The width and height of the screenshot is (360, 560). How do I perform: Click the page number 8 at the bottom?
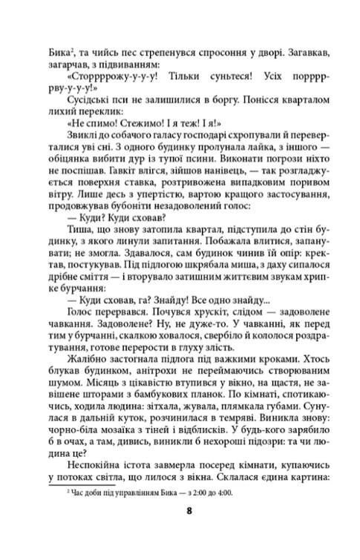tap(180, 530)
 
